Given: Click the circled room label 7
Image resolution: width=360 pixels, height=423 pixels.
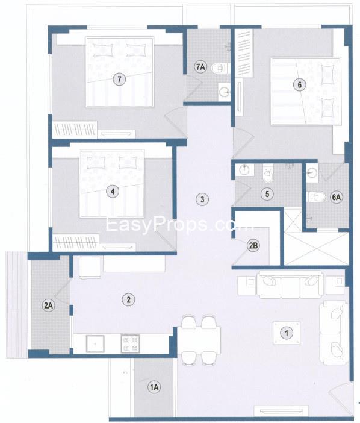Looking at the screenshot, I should (x=120, y=79).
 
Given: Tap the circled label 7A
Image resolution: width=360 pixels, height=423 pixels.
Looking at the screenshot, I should (x=201, y=67).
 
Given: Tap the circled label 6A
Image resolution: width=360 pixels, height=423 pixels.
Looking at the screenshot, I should (x=337, y=196).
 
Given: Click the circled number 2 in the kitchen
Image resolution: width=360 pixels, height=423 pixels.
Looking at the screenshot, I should (x=126, y=298).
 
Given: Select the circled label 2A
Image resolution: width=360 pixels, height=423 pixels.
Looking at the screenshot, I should (x=48, y=306).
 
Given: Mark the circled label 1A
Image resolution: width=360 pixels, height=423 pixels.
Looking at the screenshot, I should (x=154, y=388).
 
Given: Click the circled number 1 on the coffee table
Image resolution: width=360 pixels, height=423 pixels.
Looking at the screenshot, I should (x=287, y=332).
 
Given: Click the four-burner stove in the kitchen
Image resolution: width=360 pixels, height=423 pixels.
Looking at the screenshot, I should (x=131, y=343).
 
